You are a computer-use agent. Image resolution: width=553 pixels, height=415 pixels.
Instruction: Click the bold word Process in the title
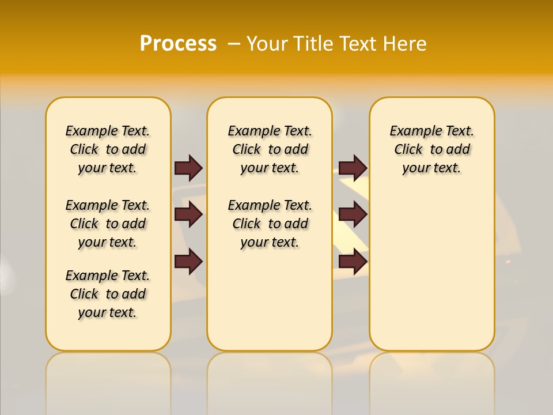[178, 44]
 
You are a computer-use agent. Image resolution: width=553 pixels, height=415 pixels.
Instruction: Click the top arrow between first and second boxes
[188, 168]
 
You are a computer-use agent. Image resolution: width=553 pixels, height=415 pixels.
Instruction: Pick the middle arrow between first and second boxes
[188, 215]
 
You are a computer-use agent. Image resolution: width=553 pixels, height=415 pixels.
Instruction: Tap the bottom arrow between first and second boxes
[188, 262]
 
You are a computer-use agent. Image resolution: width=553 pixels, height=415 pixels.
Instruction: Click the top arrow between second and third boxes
[353, 168]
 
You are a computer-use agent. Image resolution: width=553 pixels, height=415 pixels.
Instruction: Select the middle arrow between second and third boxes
[353, 215]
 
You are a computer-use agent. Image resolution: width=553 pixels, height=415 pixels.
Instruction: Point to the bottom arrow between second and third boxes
[353, 262]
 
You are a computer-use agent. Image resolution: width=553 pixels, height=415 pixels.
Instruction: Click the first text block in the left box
[108, 149]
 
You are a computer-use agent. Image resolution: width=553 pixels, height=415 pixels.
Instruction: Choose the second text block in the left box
[108, 224]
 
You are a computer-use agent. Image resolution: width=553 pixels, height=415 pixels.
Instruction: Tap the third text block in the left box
[108, 294]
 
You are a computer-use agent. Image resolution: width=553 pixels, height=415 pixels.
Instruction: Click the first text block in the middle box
[270, 149]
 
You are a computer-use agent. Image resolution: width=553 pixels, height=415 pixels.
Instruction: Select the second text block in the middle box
[270, 224]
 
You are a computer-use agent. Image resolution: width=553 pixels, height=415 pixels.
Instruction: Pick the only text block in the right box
[431, 149]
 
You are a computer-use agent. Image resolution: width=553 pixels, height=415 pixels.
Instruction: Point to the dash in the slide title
[234, 44]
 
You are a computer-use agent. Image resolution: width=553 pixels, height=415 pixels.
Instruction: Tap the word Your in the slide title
[268, 44]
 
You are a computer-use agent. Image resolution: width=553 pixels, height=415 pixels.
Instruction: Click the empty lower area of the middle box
[270, 300]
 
